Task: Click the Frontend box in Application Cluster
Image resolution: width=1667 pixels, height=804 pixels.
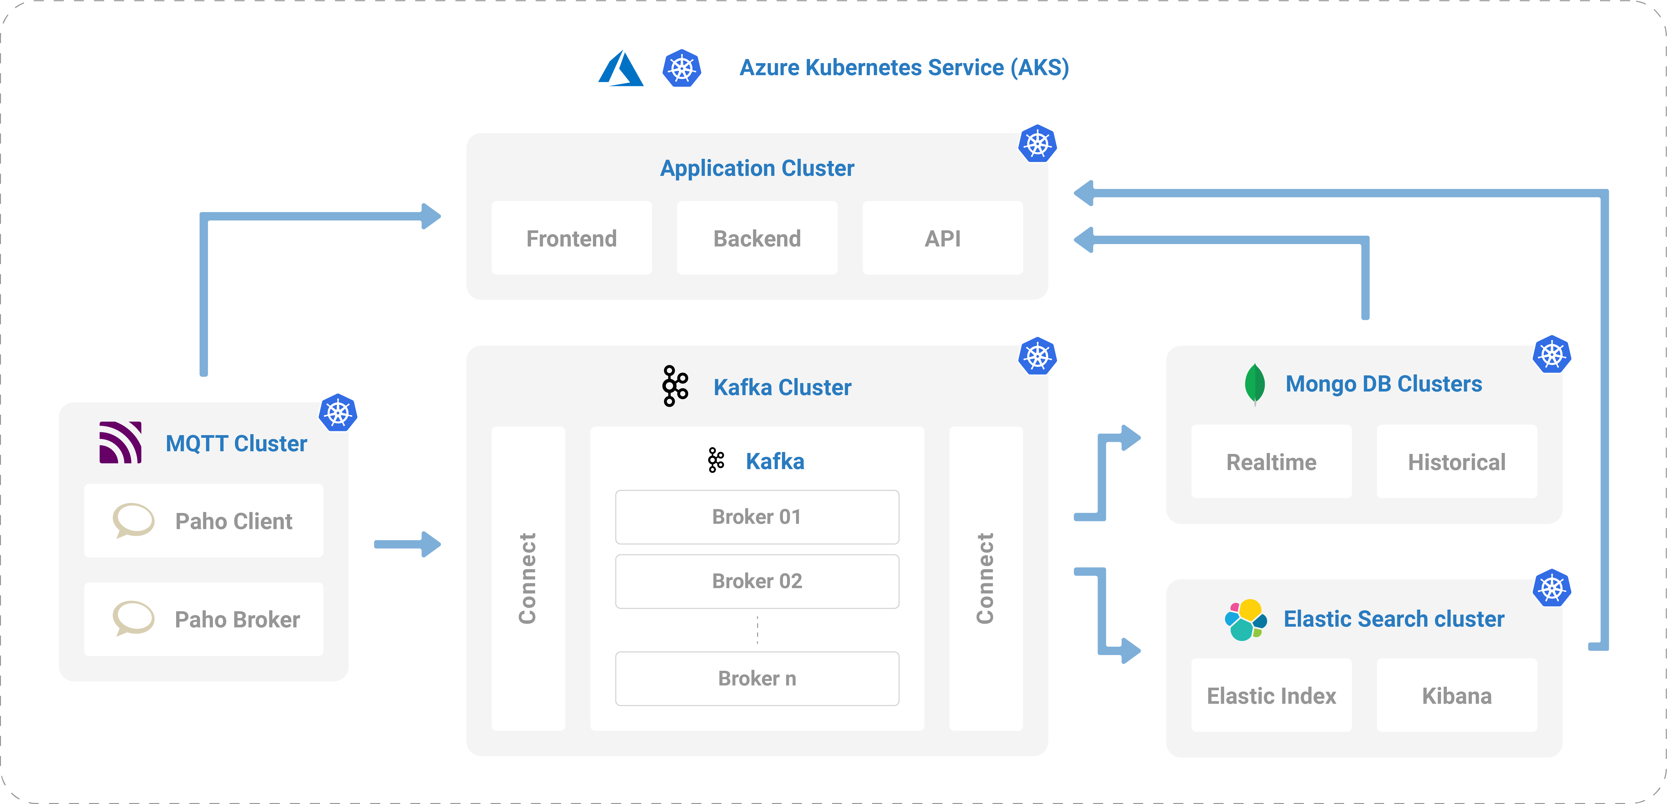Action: point(571,238)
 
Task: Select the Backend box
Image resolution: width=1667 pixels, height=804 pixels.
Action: point(757,238)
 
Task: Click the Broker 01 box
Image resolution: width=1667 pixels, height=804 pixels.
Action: point(757,517)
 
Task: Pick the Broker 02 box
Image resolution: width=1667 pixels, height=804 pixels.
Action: point(757,581)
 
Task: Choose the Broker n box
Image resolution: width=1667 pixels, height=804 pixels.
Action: point(757,678)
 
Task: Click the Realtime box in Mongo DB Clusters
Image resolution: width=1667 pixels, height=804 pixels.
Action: point(1272,462)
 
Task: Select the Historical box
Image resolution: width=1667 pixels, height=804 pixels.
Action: point(1457,462)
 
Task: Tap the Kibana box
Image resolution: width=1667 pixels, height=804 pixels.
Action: point(1457,695)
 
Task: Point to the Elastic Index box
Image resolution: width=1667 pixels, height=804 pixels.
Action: point(1272,695)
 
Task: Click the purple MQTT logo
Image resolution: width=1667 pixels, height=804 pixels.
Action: point(120,442)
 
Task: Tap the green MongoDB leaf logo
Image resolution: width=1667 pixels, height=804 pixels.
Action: point(1255,384)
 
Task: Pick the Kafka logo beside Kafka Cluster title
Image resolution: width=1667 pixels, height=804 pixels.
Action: point(675,386)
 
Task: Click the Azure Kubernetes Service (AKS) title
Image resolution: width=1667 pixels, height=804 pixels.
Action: point(904,67)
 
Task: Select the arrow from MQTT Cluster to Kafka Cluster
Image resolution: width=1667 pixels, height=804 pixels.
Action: point(408,544)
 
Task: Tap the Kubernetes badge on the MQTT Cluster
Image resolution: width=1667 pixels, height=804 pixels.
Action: point(338,413)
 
